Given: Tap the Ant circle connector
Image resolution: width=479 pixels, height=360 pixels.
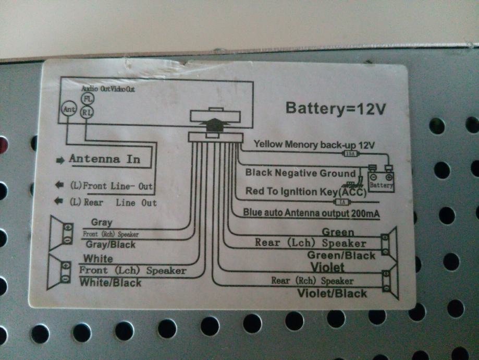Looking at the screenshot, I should (x=69, y=110).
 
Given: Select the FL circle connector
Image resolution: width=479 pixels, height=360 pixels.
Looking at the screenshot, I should (x=88, y=99).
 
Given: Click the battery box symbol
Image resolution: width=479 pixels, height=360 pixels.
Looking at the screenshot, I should (x=381, y=179).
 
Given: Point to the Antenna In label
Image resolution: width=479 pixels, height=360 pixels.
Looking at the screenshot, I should (x=105, y=159).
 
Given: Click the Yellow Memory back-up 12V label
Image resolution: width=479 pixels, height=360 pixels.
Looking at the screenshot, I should (x=314, y=144).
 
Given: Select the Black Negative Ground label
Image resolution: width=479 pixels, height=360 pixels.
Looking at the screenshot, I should (x=301, y=173).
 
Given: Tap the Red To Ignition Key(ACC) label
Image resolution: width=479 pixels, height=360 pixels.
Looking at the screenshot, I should (x=305, y=191).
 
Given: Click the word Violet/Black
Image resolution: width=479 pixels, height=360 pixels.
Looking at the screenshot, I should (x=332, y=293).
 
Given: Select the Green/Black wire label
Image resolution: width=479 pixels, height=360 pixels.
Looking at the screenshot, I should (x=341, y=255).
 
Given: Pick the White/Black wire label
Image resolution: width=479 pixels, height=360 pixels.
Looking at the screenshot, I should (x=110, y=283).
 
